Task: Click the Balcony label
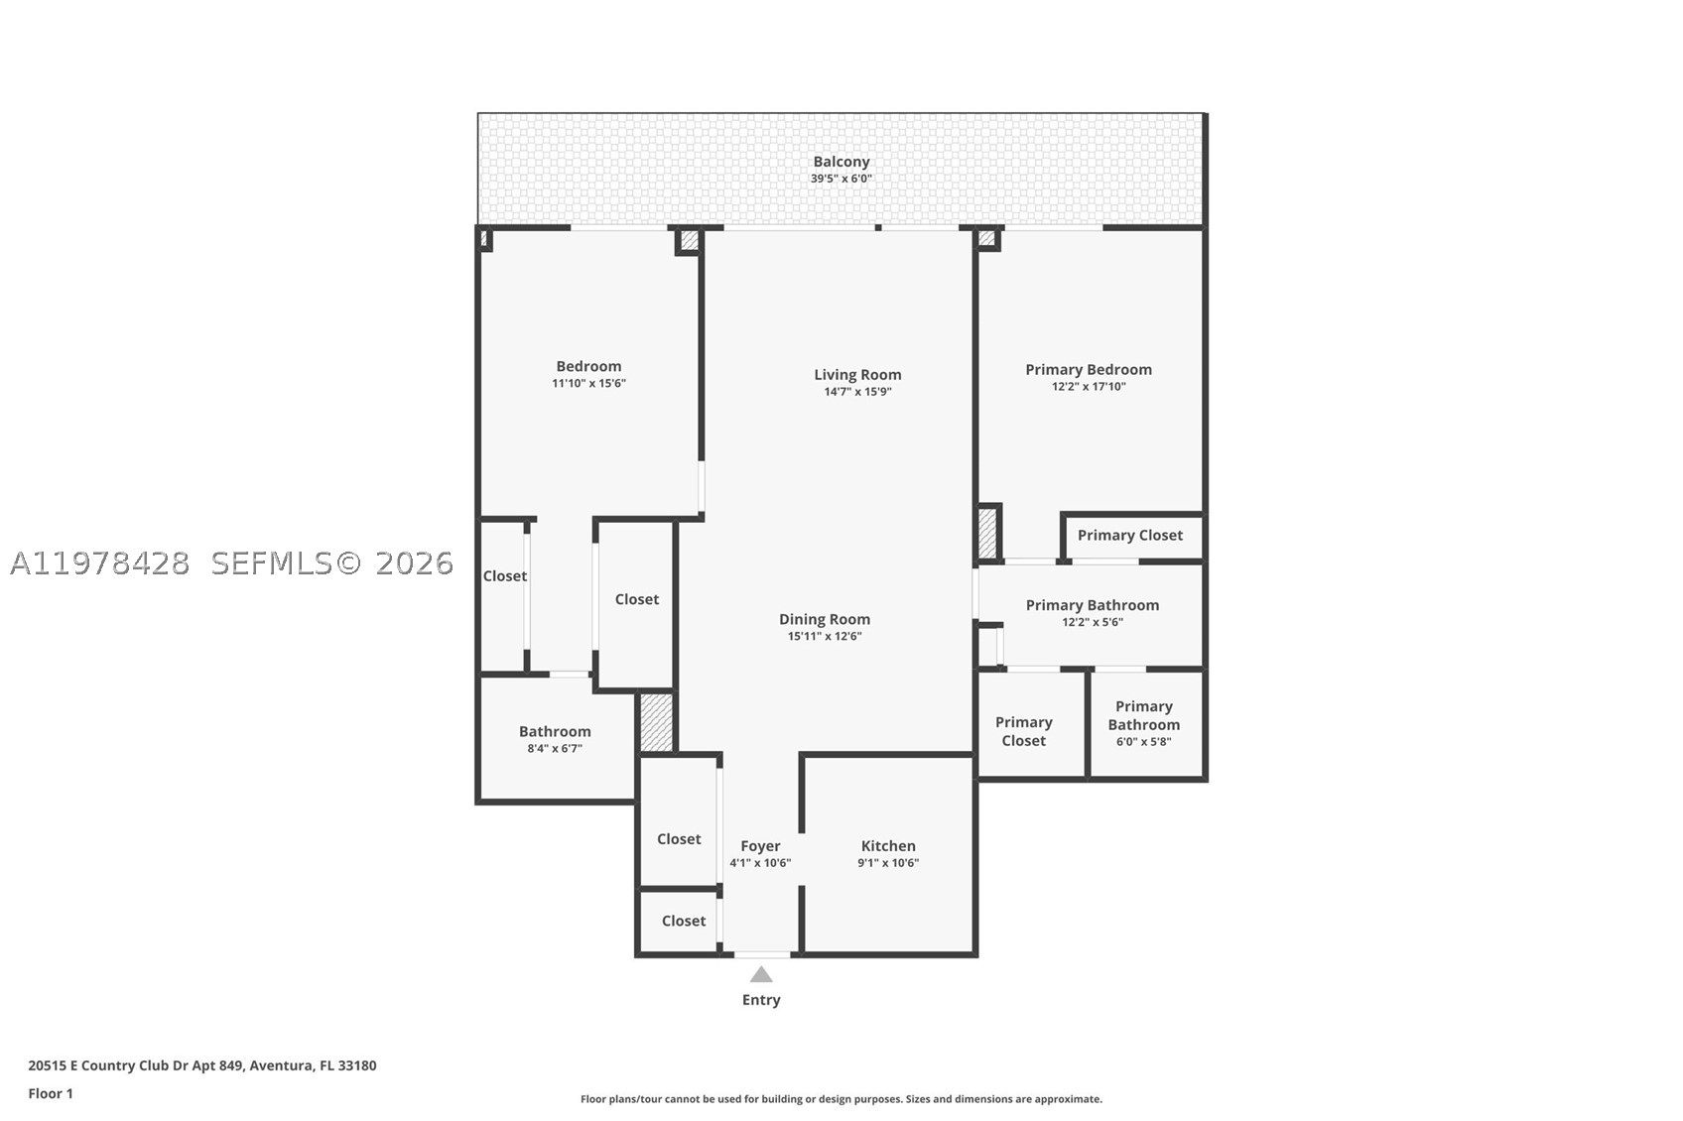[841, 162]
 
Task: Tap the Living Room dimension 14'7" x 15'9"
[857, 392]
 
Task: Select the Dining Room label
[825, 619]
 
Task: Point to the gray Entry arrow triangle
[761, 974]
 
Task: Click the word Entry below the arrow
[761, 1000]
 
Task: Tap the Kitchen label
[888, 846]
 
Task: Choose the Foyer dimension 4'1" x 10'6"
[760, 863]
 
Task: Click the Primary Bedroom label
[1089, 370]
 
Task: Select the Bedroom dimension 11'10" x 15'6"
[589, 383]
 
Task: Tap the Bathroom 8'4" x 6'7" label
[555, 738]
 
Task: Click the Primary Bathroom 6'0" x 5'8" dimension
[1143, 742]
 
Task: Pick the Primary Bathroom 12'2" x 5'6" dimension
[1093, 622]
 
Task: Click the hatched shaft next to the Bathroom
[656, 722]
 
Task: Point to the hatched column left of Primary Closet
[987, 534]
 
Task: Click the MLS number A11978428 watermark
[100, 563]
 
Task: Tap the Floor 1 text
[51, 1094]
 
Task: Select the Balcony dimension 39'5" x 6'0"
[841, 179]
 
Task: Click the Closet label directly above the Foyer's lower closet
[679, 839]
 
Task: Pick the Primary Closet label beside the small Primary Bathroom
[1023, 732]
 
